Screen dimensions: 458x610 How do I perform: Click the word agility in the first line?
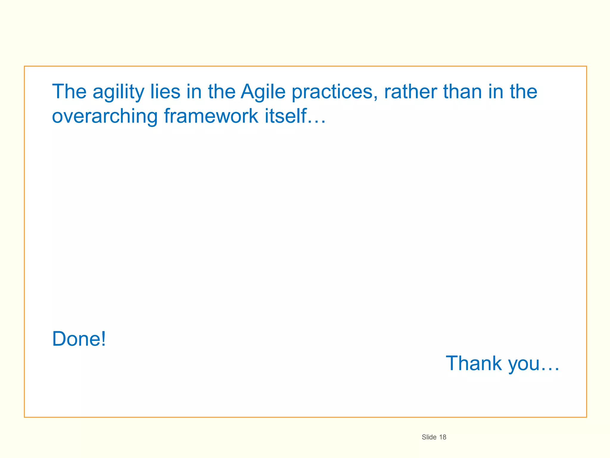point(118,92)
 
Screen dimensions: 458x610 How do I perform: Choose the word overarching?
point(105,116)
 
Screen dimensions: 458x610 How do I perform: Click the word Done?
point(76,339)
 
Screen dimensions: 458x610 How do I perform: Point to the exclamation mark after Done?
point(103,339)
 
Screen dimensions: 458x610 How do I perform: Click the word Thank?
point(474,363)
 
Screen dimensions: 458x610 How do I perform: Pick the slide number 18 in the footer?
point(443,437)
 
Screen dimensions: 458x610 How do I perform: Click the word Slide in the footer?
point(429,437)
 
